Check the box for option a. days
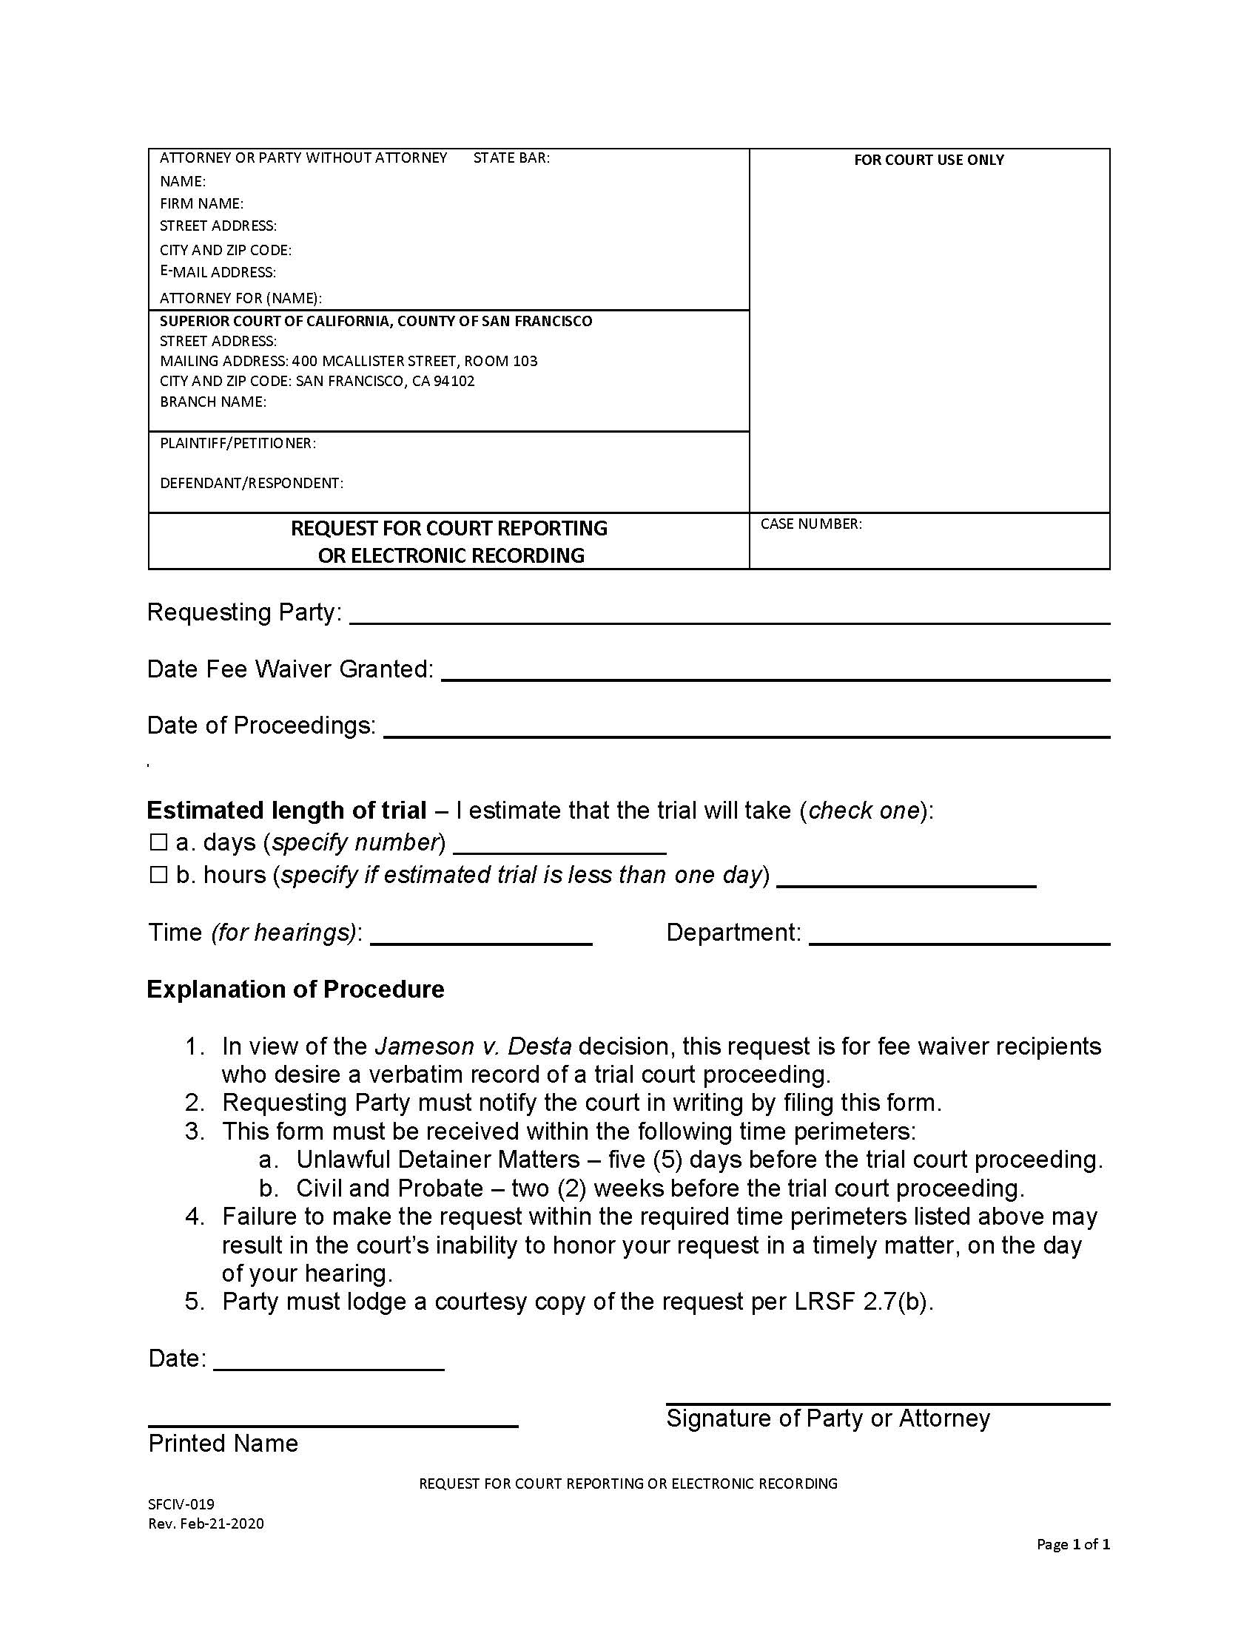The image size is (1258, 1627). pyautogui.click(x=158, y=842)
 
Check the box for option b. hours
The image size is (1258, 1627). pyautogui.click(x=158, y=875)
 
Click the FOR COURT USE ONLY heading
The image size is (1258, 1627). pyautogui.click(x=929, y=160)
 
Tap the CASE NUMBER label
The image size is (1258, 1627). pyautogui.click(x=811, y=524)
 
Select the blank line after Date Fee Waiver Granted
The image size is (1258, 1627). pyautogui.click(x=775, y=672)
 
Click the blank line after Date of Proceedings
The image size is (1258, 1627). pyautogui.click(x=745, y=728)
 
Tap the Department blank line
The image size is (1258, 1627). pyautogui.click(x=959, y=936)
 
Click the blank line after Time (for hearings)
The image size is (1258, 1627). pyautogui.click(x=481, y=936)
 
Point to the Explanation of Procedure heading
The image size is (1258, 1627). pyautogui.click(x=295, y=990)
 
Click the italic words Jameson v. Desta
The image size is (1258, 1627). pyautogui.click(x=473, y=1046)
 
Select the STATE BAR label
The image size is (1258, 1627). pyautogui.click(x=511, y=158)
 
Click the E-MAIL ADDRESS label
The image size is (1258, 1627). pyautogui.click(x=218, y=272)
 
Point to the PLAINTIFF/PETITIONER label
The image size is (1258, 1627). pyautogui.click(x=238, y=443)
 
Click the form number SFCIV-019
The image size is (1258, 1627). pyautogui.click(x=181, y=1504)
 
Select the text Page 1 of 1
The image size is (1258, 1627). pyautogui.click(x=1072, y=1544)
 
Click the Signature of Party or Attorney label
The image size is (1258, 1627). pyautogui.click(x=827, y=1418)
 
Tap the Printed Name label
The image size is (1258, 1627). pyautogui.click(x=223, y=1444)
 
